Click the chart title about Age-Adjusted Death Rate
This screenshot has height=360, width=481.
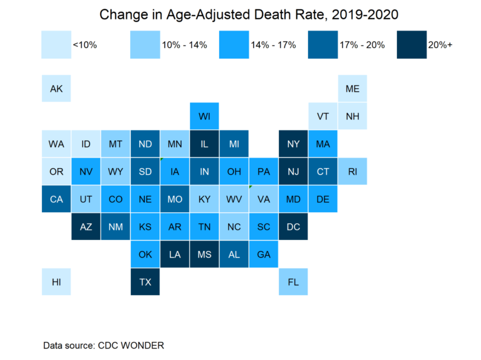click(249, 15)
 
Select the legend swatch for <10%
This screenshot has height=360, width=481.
click(56, 44)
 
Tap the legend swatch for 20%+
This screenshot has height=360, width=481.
click(411, 44)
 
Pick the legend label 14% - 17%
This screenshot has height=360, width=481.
click(273, 45)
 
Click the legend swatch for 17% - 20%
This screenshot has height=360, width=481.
click(323, 44)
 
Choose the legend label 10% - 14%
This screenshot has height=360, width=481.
click(185, 45)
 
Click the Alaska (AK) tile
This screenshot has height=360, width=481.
click(56, 89)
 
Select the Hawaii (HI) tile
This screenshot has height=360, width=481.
click(56, 282)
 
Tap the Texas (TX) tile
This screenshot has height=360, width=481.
click(145, 282)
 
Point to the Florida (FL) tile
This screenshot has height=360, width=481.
click(293, 282)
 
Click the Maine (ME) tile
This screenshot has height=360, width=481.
click(352, 89)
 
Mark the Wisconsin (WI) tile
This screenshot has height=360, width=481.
click(205, 116)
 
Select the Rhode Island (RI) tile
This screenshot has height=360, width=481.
click(352, 172)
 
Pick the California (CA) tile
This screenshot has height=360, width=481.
click(56, 199)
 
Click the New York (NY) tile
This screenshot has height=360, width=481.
click(293, 144)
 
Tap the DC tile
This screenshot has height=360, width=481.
click(293, 227)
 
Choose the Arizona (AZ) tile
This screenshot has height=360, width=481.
click(86, 227)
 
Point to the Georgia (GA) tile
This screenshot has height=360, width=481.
click(264, 255)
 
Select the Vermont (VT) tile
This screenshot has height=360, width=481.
click(323, 116)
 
